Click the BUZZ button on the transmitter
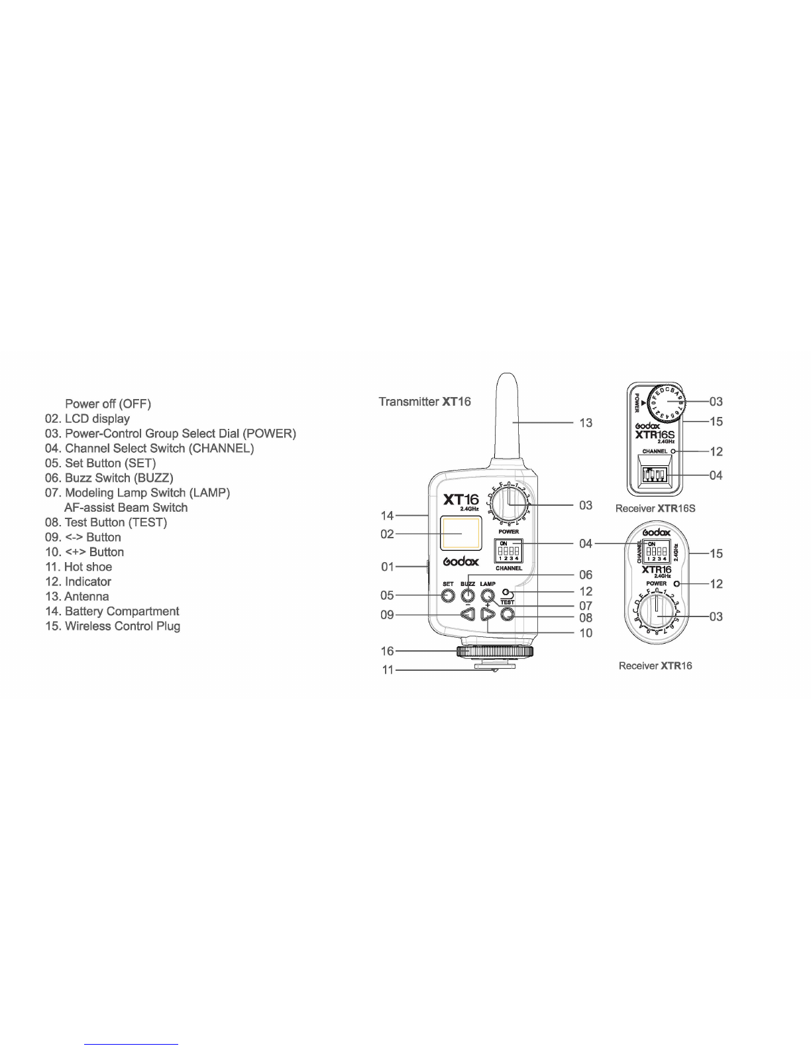pos(468,595)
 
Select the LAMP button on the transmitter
pos(488,595)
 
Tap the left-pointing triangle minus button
pos(468,615)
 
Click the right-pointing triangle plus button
pos(488,615)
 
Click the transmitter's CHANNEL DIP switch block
pos(508,550)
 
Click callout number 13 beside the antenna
pos(586,422)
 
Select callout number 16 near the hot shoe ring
pos(387,652)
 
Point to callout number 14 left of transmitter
pos(387,515)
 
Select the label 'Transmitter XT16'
pos(425,402)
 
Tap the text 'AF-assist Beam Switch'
pos(126,508)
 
